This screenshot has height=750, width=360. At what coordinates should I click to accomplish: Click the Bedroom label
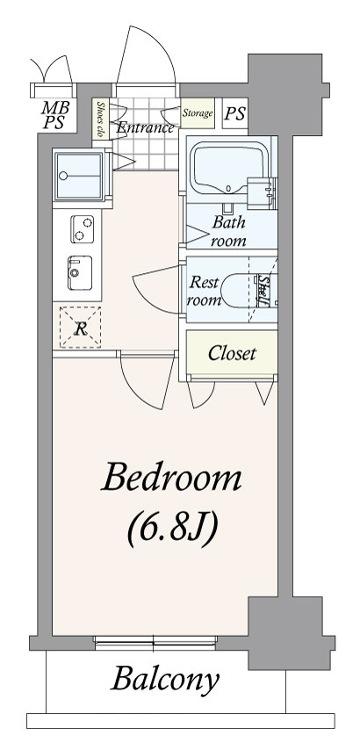tap(170, 478)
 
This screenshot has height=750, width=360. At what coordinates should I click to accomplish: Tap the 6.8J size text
tap(173, 530)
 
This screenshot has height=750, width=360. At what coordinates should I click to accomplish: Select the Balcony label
tap(165, 679)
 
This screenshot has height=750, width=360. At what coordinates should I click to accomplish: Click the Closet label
tap(232, 353)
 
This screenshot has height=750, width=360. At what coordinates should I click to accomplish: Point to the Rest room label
tap(204, 291)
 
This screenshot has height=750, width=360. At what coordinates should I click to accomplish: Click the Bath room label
tap(228, 231)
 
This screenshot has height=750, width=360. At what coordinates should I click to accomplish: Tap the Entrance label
tap(145, 128)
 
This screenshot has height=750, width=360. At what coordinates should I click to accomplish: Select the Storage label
tap(197, 114)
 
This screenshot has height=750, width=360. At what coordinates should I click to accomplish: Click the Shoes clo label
tap(100, 119)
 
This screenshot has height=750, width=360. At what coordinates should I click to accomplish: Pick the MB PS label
tap(54, 115)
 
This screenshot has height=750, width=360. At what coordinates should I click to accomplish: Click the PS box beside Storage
tap(234, 113)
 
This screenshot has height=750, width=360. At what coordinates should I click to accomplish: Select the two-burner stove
tap(83, 229)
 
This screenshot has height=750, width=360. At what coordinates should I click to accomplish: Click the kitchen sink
tap(80, 272)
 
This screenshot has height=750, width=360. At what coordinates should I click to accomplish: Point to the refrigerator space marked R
tap(80, 328)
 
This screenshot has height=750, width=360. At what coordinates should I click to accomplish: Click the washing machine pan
tap(78, 176)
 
